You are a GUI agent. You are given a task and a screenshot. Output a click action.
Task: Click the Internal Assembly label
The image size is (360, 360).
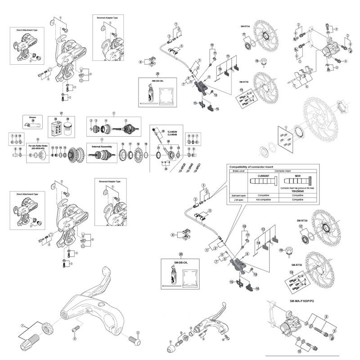click(x=101, y=146)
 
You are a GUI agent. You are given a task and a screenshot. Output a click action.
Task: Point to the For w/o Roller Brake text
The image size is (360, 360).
click(x=40, y=147)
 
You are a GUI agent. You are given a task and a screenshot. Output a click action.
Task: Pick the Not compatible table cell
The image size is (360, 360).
click(x=260, y=199)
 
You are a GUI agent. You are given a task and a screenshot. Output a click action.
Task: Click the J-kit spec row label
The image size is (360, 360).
click(x=237, y=199)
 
